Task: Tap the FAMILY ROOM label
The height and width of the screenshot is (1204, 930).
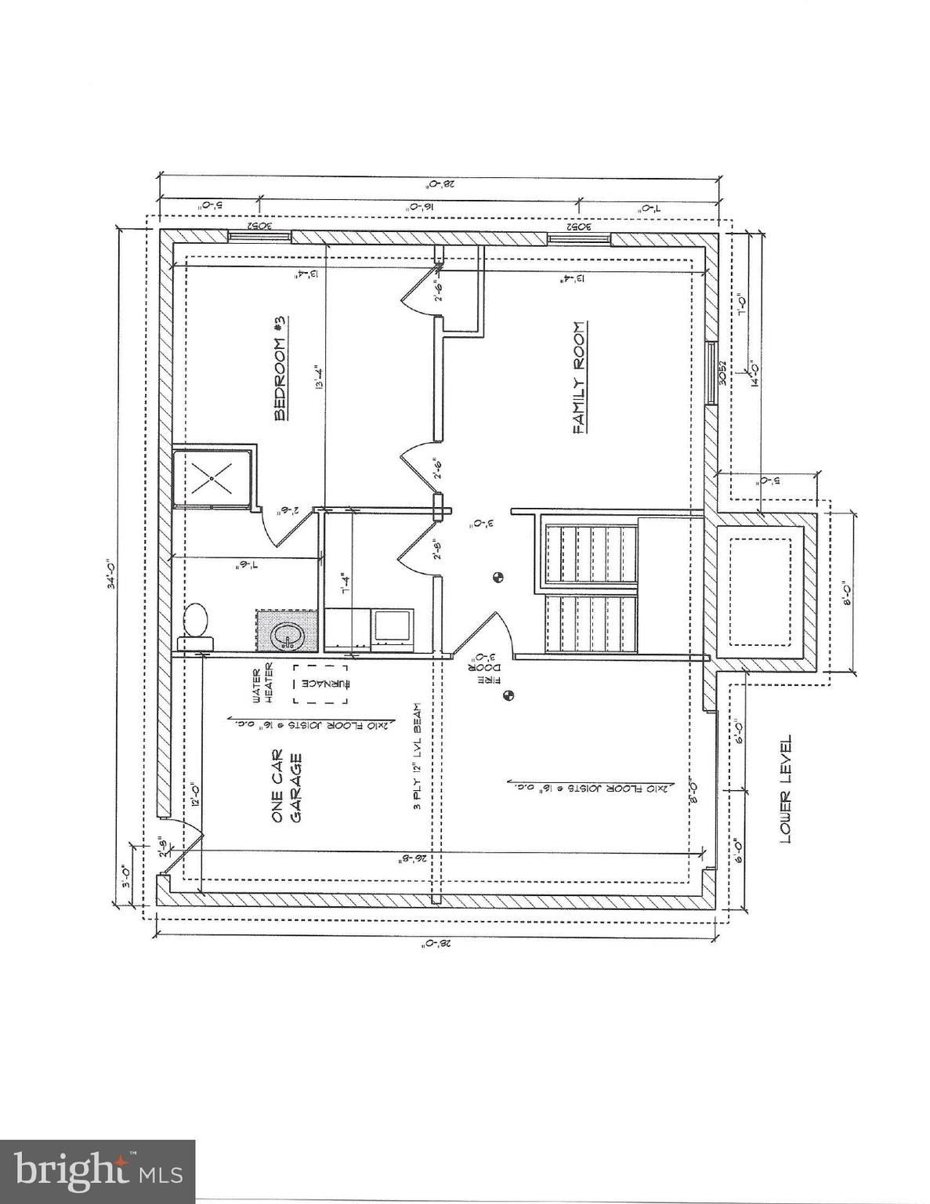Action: point(580,377)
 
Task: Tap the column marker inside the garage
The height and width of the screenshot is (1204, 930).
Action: point(508,694)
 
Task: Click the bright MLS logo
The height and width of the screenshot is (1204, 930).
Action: point(98,1171)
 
